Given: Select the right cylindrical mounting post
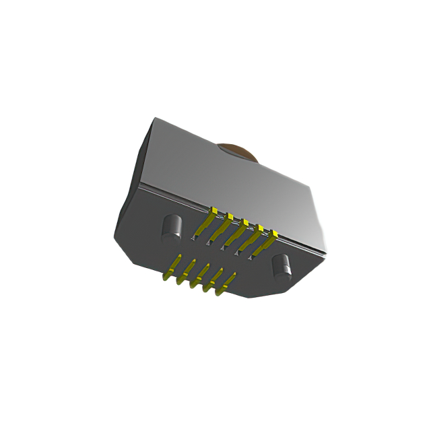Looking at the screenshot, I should [x=281, y=267].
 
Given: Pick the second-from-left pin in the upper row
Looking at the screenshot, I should [x=221, y=229].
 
